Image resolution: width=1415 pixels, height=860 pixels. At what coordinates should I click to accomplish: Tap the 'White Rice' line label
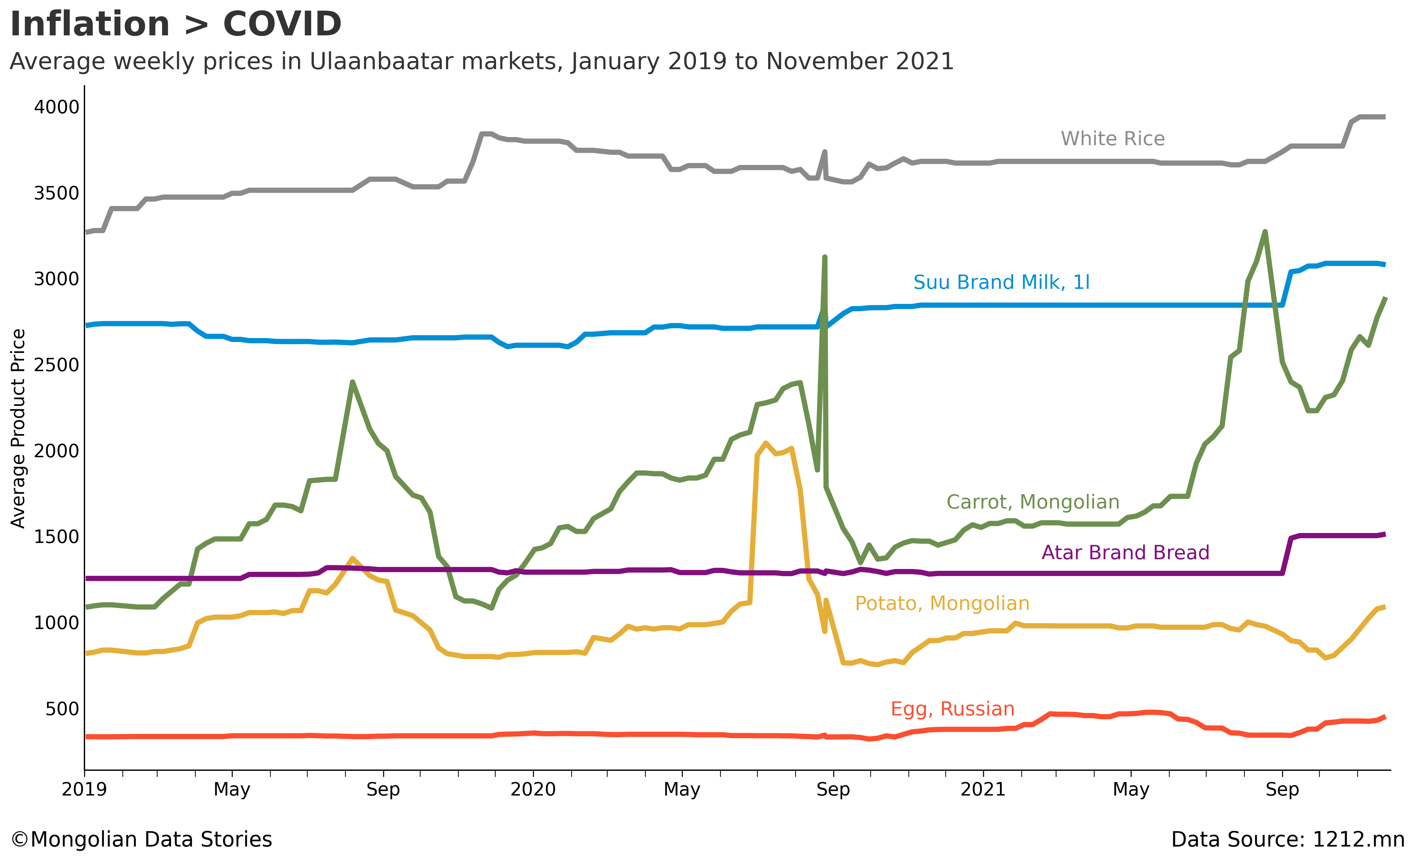(x=1112, y=138)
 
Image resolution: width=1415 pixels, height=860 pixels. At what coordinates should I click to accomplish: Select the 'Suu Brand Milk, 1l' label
(x=1001, y=282)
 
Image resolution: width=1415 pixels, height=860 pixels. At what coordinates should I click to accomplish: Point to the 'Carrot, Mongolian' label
(x=1032, y=502)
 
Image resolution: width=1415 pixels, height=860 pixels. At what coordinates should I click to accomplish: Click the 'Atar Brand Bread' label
(x=1125, y=553)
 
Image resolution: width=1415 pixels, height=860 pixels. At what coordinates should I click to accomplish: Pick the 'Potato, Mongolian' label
(x=942, y=603)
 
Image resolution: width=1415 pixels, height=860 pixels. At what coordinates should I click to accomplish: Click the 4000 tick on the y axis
(x=56, y=107)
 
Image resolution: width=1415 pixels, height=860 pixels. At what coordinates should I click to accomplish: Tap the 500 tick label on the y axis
(x=62, y=709)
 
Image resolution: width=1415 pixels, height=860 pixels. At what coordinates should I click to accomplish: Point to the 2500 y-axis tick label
(x=56, y=365)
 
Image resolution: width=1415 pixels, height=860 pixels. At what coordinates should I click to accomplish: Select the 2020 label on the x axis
(x=533, y=789)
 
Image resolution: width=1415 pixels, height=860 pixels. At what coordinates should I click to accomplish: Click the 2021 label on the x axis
(x=983, y=789)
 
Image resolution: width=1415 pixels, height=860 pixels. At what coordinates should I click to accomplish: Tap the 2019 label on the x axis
(x=84, y=789)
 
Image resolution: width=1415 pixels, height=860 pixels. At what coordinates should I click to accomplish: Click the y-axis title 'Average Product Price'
(x=18, y=428)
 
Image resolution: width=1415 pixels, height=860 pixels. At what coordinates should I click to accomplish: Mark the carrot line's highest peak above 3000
(x=1265, y=232)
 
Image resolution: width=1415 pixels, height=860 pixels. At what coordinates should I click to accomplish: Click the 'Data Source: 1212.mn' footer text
(x=1287, y=839)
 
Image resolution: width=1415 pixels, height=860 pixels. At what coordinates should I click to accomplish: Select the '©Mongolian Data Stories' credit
(x=141, y=839)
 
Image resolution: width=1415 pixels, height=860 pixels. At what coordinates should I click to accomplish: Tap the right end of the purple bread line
(x=1385, y=534)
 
